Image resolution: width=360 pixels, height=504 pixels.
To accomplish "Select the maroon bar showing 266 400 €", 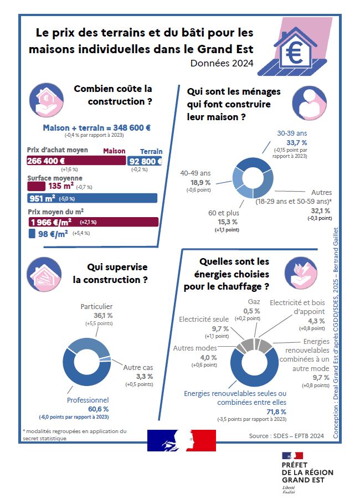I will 76,161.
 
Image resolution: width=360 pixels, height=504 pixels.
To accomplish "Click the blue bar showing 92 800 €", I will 145,161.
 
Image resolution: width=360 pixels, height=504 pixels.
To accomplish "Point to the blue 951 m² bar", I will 92,198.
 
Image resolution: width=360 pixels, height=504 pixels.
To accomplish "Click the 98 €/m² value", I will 56,234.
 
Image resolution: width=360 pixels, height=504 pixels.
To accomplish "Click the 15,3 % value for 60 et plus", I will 223,221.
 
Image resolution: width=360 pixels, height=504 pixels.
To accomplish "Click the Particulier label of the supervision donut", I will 96,306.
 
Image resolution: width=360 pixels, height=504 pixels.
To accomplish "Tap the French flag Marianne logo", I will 181,441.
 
